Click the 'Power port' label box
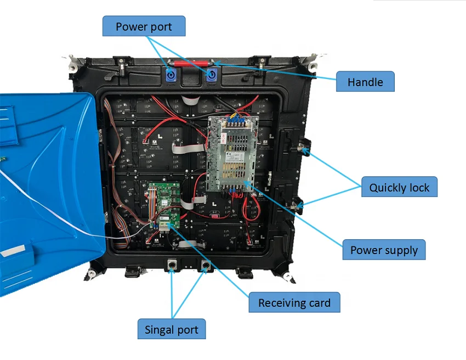tap(144, 26)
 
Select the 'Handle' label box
tap(365, 82)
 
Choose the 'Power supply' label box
tap(384, 250)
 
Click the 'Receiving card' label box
tap(294, 302)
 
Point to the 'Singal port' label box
tap(171, 330)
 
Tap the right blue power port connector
tap(211, 76)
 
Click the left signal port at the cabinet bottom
tap(172, 266)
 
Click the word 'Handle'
tap(365, 82)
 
